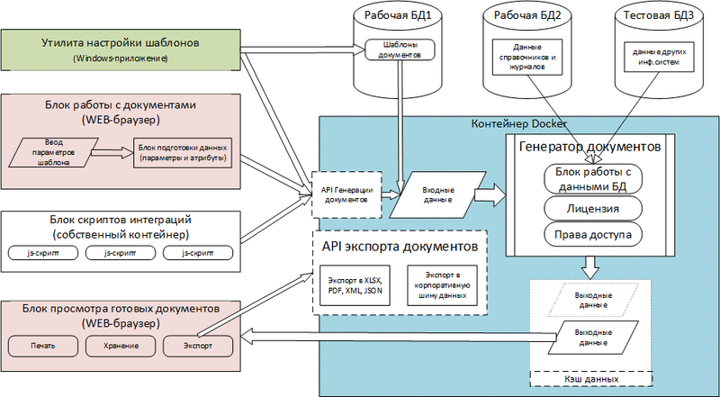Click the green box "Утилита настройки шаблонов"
122,50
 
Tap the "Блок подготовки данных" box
181,153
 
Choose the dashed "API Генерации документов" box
346,194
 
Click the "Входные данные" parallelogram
438,194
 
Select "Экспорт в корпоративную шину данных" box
440,285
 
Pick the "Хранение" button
120,346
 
